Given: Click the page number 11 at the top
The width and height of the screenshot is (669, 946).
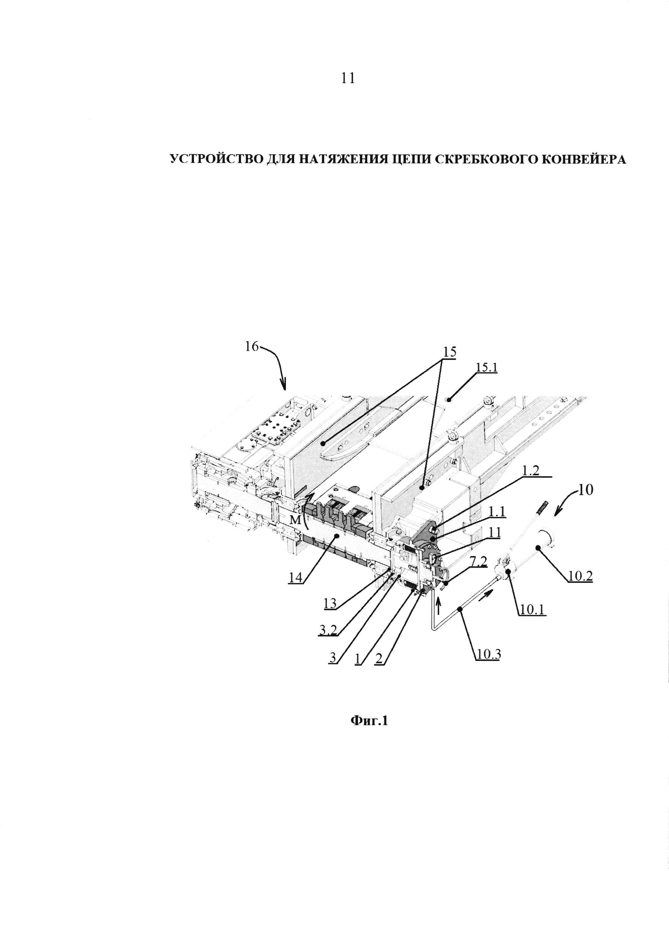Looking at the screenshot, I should pyautogui.click(x=348, y=78).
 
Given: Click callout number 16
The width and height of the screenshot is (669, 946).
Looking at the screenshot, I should pyautogui.click(x=251, y=347).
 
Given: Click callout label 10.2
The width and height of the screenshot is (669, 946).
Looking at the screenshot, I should pyautogui.click(x=580, y=576).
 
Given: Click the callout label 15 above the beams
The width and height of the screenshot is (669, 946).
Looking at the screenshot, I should pyautogui.click(x=449, y=352).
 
